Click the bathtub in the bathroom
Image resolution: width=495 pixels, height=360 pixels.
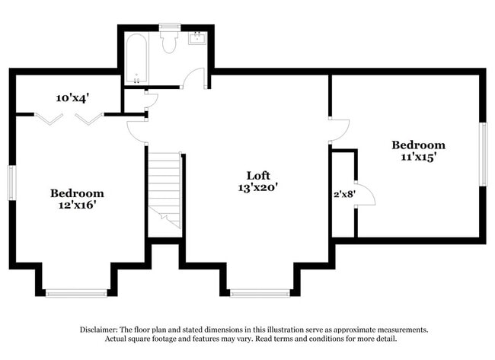tap(137, 58)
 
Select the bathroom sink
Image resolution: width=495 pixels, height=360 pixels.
tap(196, 37)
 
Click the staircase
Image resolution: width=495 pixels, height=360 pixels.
tap(164, 189)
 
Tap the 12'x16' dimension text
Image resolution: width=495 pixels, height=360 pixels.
tap(77, 205)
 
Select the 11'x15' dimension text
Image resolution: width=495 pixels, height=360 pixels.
tap(418, 158)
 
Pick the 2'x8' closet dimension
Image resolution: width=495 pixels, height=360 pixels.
tap(343, 193)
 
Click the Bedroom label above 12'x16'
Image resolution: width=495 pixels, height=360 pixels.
tap(77, 193)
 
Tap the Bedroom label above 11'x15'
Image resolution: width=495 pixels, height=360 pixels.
tap(418, 145)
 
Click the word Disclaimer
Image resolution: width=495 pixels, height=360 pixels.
tap(98, 330)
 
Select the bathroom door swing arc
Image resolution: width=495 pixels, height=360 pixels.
tap(194, 78)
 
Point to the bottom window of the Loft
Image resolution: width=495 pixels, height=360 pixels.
tap(260, 293)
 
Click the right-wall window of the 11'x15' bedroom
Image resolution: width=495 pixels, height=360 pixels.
tap(483, 154)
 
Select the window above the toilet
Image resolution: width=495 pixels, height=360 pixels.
tap(169, 27)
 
